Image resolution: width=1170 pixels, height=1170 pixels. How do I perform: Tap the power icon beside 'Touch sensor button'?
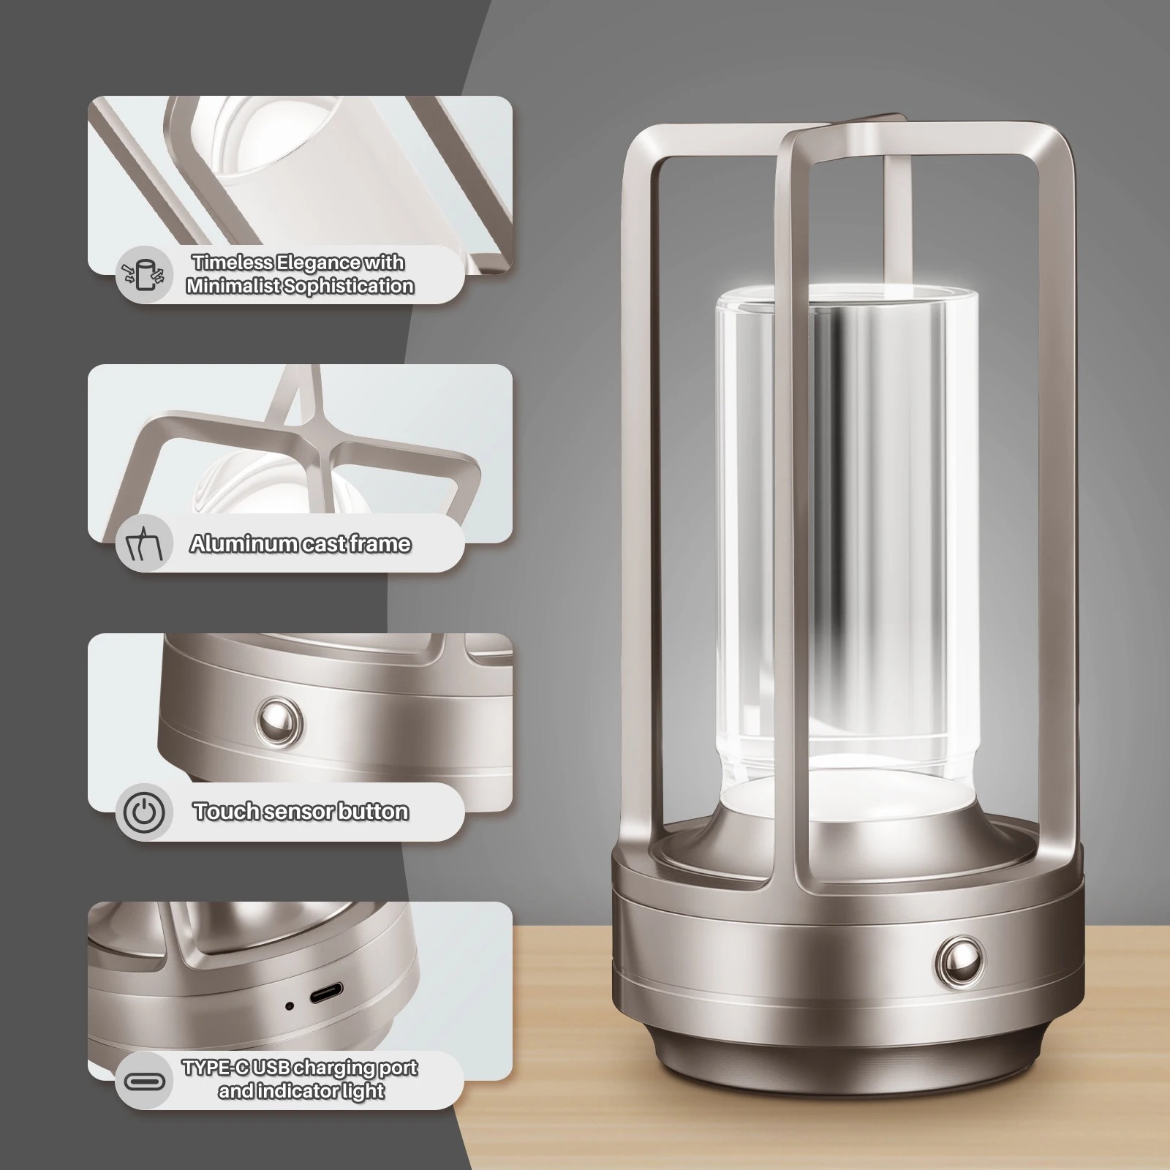(144, 812)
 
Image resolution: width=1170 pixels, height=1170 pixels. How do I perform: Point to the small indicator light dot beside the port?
(290, 1005)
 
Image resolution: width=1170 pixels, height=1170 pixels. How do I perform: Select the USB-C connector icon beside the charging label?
(144, 1080)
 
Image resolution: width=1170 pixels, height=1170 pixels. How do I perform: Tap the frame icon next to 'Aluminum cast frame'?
(144, 543)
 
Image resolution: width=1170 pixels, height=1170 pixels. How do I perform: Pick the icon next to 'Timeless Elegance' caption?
(144, 274)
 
